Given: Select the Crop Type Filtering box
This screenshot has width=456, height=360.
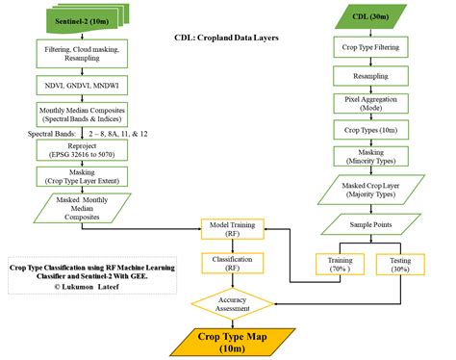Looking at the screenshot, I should coord(369,49).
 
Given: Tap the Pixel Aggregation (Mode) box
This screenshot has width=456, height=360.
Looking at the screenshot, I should coord(369,103).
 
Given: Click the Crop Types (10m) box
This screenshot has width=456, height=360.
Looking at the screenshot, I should coord(369,128).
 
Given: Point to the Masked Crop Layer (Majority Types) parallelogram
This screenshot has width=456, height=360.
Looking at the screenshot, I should coord(369,188).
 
